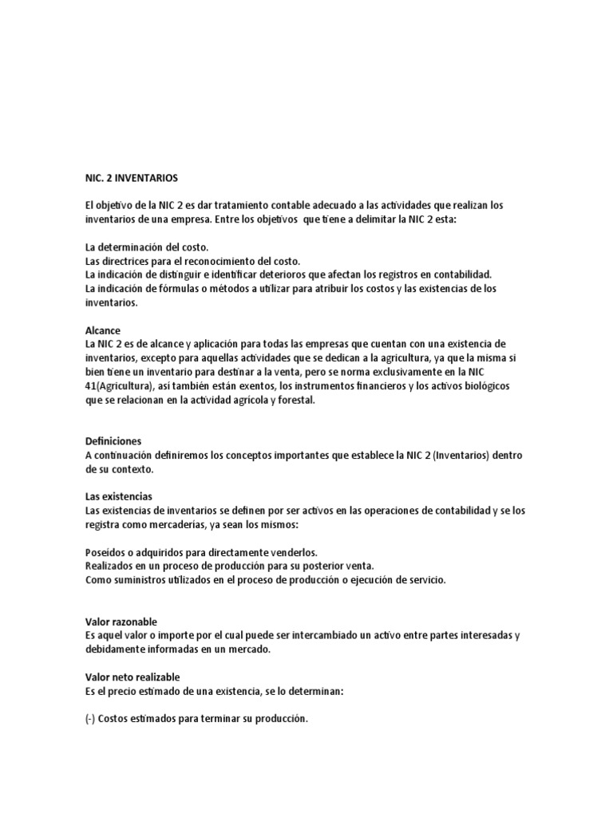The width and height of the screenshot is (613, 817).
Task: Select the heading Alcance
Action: click(102, 329)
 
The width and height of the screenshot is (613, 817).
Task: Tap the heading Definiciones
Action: click(113, 440)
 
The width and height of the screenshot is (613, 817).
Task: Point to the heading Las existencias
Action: click(118, 496)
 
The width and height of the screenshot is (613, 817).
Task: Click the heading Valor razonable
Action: click(121, 622)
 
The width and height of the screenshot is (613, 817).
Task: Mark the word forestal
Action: click(297, 401)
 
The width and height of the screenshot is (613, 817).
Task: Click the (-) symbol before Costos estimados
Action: click(90, 719)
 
